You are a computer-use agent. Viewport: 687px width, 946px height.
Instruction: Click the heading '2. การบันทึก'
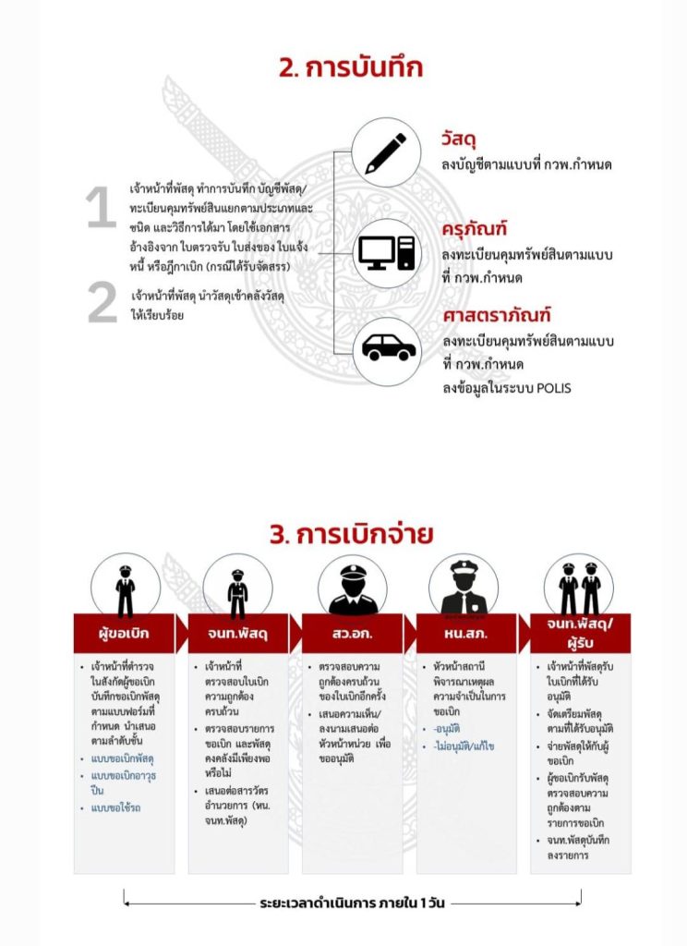(344, 67)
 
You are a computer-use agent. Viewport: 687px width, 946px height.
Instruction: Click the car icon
(388, 348)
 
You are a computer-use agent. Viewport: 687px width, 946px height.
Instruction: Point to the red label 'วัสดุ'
(458, 140)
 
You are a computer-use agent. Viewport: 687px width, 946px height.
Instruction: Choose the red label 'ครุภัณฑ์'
(475, 229)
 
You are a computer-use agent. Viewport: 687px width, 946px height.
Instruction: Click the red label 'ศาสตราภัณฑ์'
(496, 317)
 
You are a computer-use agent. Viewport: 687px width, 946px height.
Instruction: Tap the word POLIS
(551, 388)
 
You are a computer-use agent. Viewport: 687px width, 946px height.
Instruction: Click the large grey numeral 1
(101, 209)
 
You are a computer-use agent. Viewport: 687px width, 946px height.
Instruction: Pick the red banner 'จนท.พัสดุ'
(237, 634)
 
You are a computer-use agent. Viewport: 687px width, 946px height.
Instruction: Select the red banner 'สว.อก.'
(352, 634)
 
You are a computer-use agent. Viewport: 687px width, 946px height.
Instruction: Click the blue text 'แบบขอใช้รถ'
(115, 807)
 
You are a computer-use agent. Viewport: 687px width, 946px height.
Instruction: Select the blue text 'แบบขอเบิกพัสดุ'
(123, 758)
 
